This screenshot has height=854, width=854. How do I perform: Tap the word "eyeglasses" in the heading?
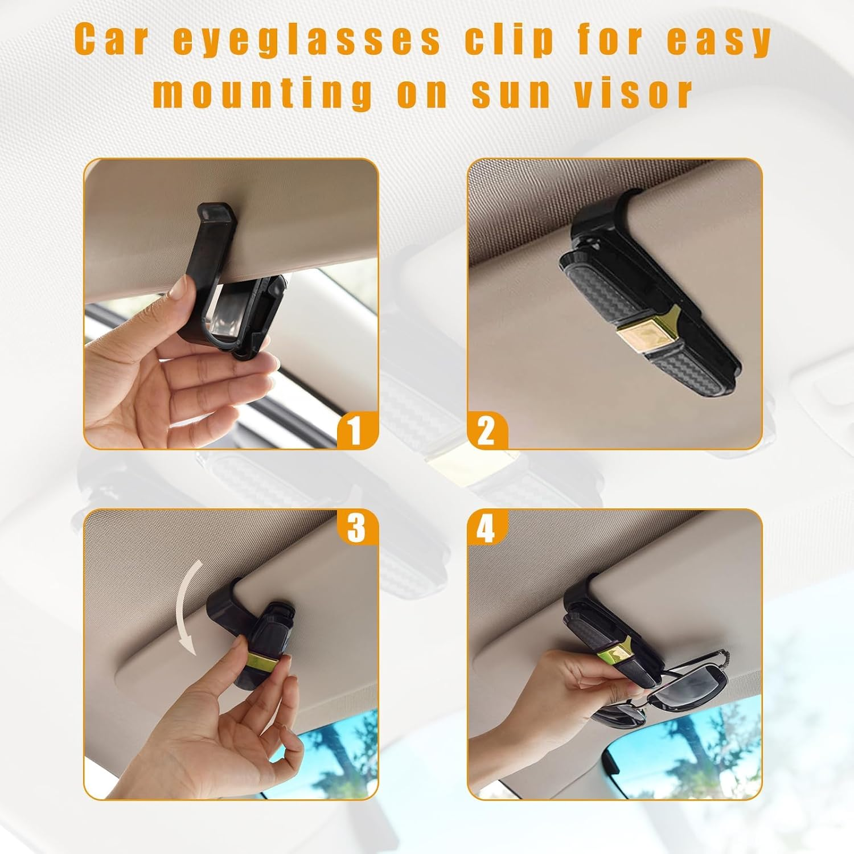307,41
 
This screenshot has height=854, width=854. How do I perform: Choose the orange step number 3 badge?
357,527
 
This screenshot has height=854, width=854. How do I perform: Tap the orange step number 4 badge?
487,527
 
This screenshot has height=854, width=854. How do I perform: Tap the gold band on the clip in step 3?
262,662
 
